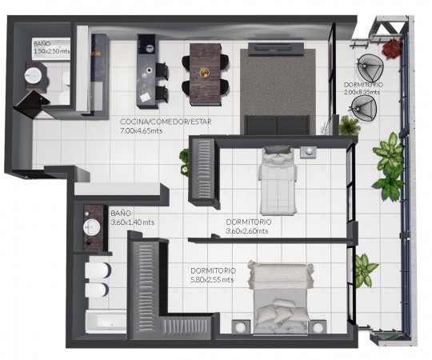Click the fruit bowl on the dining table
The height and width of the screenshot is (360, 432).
(205, 73)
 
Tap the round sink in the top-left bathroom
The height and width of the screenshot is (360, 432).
(33, 74)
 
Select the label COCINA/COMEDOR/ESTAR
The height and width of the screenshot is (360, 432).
(166, 122)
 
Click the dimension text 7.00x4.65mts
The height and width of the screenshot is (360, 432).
(141, 130)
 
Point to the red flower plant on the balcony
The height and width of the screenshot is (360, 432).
(391, 48)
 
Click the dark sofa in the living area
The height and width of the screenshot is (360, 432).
(277, 125)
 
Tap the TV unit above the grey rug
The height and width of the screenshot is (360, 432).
(276, 49)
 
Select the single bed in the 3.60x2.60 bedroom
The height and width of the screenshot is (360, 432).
(278, 181)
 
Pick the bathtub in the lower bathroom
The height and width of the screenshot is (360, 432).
(106, 322)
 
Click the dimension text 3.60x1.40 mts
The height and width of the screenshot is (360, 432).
(132, 222)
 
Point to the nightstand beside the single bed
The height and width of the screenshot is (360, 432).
(308, 152)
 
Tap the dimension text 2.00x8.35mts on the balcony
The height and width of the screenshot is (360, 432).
(362, 92)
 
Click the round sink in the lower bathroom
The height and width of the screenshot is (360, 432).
(92, 227)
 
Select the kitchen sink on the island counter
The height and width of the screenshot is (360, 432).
(150, 48)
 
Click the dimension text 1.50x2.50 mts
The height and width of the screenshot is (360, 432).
(51, 51)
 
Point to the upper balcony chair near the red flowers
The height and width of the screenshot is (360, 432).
(370, 68)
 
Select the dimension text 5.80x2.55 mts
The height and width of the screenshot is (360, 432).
(212, 280)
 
